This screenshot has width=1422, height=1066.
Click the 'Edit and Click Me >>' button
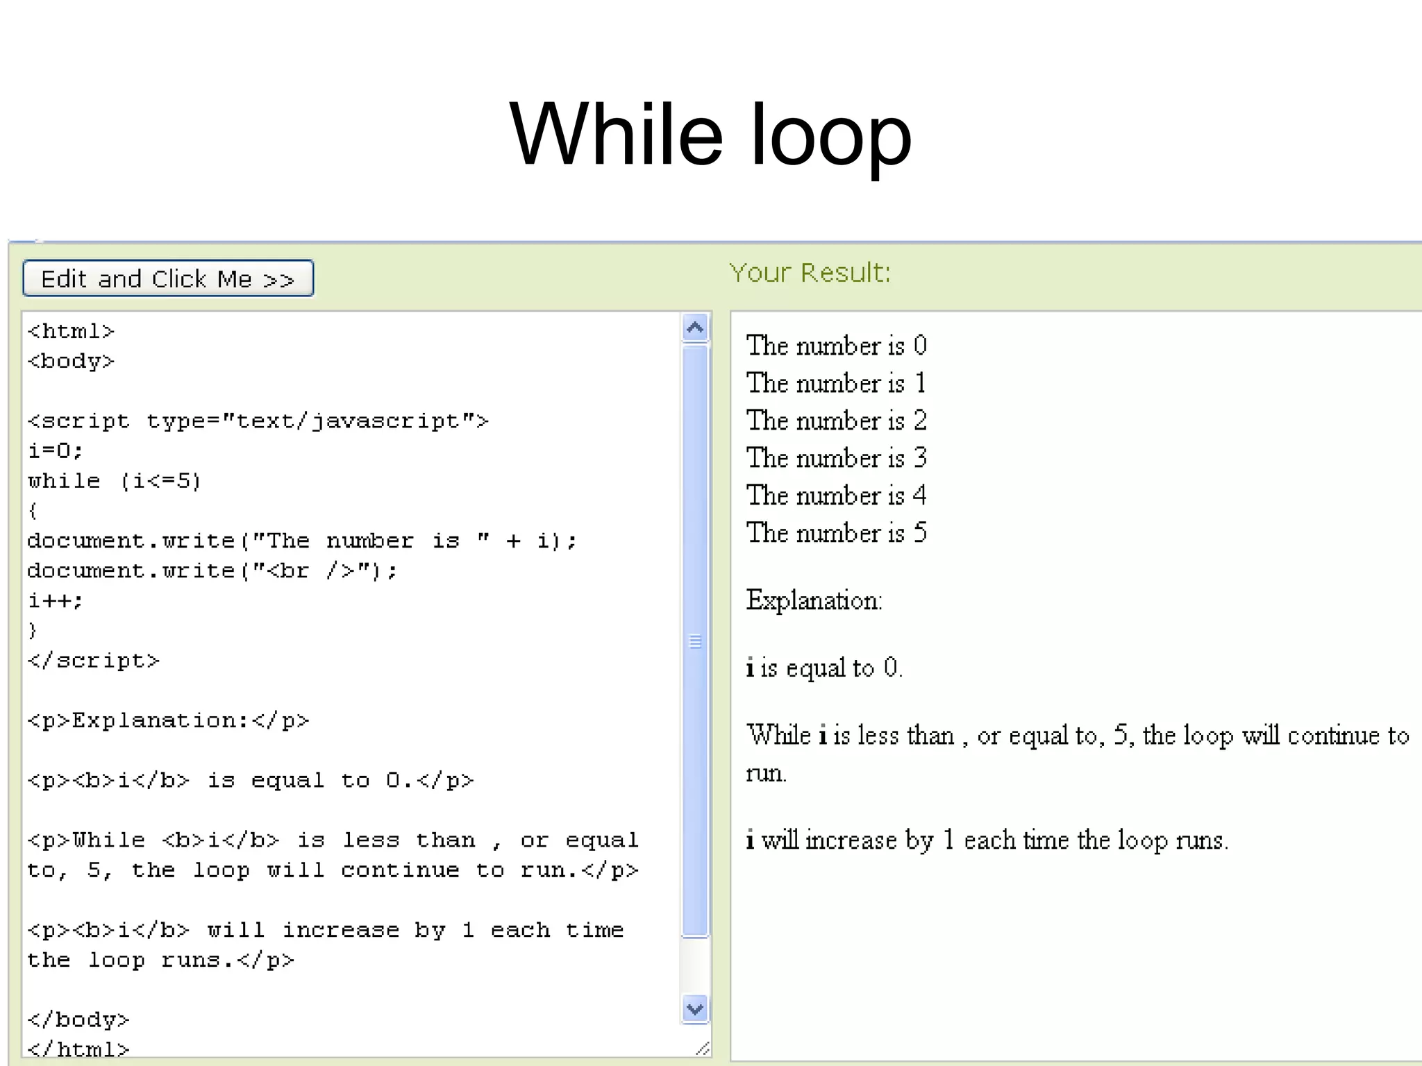point(168,278)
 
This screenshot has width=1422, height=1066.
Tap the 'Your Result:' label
point(810,273)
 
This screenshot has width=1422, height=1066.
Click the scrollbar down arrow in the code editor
point(695,1008)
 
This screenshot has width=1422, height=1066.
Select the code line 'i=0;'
point(56,451)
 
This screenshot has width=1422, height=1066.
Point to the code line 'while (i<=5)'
point(115,481)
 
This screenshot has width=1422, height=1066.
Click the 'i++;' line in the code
point(56,600)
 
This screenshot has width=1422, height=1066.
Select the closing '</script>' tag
point(94,661)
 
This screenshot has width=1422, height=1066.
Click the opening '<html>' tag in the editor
point(71,332)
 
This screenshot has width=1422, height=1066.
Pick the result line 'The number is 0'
point(836,346)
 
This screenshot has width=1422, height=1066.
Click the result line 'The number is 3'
point(836,458)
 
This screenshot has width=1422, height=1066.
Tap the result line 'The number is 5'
point(836,533)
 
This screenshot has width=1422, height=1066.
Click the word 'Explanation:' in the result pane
point(814,600)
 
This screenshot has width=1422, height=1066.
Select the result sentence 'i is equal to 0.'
point(823,668)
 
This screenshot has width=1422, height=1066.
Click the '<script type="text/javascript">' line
point(258,421)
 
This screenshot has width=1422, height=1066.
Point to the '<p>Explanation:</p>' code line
point(168,720)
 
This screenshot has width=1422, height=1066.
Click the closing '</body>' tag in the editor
point(78,1020)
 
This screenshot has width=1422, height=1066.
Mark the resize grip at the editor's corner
point(703,1048)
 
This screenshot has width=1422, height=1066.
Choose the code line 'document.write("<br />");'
point(212,570)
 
